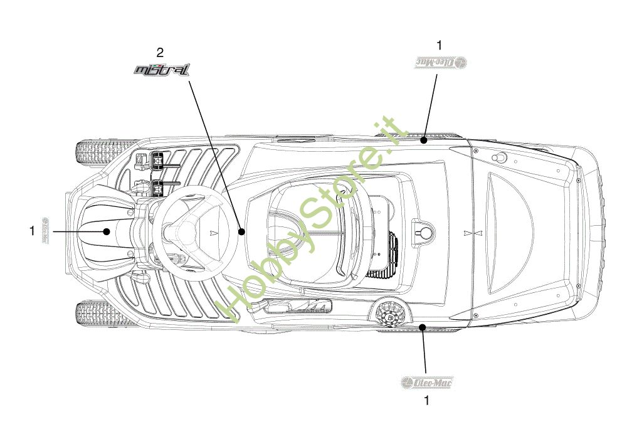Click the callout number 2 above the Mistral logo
[161, 52]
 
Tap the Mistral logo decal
[161, 70]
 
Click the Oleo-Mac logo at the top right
[442, 62]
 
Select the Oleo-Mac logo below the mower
[426, 381]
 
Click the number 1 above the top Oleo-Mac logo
[439, 45]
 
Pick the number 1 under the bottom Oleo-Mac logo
[427, 399]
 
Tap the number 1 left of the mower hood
[32, 231]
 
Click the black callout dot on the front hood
[107, 231]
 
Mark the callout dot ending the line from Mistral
[241, 231]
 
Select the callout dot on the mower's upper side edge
[424, 140]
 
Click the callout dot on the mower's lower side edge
[424, 327]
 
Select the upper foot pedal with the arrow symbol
[155, 162]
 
